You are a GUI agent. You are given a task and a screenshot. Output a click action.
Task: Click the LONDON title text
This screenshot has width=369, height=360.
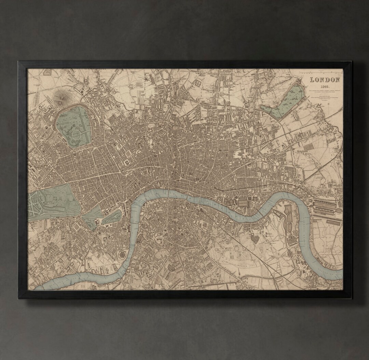[325, 80]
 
